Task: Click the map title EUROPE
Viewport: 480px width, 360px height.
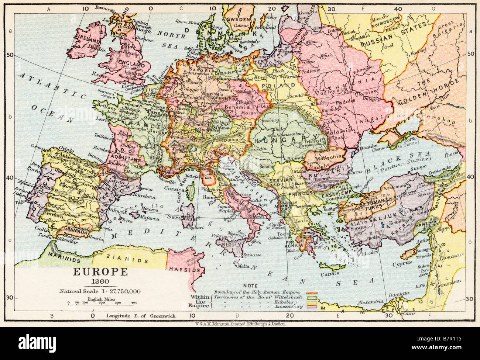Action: click(x=100, y=272)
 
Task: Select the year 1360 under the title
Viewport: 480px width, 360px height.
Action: click(x=100, y=282)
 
